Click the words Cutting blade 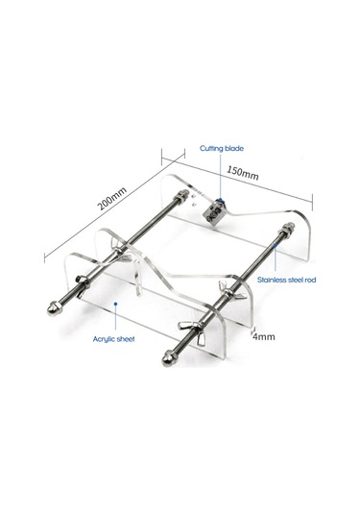coord(222,149)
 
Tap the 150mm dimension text coord(243,173)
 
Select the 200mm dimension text coord(112,199)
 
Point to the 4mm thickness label coord(264,336)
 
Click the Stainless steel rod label coord(287,280)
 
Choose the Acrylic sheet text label coord(113,339)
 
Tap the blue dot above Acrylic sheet coord(115,304)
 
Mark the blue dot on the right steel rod coord(276,244)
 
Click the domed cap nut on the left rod coord(53,308)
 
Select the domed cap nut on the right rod coord(169,358)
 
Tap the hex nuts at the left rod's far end coord(181,197)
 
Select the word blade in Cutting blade coord(234,149)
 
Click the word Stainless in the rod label coord(271,280)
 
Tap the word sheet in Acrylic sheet coord(125,339)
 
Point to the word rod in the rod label coord(310,281)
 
